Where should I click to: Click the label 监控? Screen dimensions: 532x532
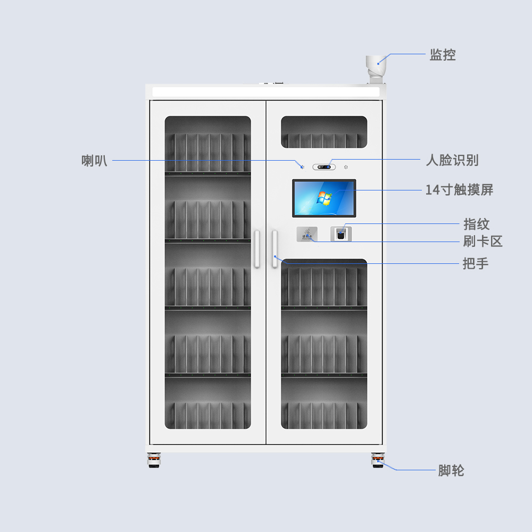(x=443, y=55)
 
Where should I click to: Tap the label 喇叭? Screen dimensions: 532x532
(x=94, y=161)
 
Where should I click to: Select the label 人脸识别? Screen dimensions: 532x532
(x=452, y=160)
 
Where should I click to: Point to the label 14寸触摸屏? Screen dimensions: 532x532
(x=460, y=190)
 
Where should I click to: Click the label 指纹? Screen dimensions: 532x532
(x=476, y=224)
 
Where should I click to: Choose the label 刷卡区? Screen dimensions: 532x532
(x=483, y=241)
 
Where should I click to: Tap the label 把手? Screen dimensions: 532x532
(x=476, y=263)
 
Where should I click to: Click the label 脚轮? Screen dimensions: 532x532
(x=451, y=471)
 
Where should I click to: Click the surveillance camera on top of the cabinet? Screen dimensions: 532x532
(x=376, y=69)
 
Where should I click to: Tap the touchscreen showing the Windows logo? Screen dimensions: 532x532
(x=324, y=198)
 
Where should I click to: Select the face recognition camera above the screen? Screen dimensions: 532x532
(x=324, y=167)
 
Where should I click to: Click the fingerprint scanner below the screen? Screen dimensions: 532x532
(x=341, y=234)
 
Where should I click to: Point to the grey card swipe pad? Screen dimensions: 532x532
(x=307, y=234)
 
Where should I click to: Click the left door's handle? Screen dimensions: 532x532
(x=257, y=248)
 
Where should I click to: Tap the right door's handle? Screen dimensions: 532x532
(x=275, y=248)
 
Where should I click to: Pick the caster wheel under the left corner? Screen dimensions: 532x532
(x=154, y=460)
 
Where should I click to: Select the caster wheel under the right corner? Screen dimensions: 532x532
(x=378, y=460)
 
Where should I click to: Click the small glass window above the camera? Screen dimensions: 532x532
(x=324, y=132)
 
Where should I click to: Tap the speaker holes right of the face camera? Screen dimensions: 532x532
(x=346, y=167)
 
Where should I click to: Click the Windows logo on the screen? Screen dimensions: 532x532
(x=324, y=198)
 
